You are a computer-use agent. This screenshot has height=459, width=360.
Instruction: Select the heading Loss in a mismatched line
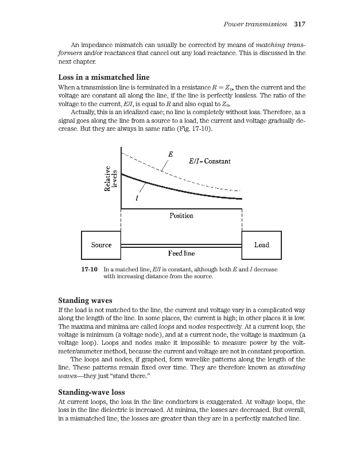(x=104, y=77)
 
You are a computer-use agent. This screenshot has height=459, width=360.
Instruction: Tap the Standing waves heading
(x=86, y=300)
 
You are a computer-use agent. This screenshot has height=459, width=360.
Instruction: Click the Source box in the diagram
(x=102, y=245)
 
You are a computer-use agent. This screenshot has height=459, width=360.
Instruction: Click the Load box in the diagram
(x=261, y=245)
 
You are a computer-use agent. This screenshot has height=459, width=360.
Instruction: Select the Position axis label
(x=181, y=216)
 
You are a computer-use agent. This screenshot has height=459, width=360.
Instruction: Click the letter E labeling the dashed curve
(x=171, y=154)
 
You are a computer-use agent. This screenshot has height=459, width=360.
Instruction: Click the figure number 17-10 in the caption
(x=90, y=269)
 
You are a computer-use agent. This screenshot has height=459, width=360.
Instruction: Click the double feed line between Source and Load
(x=181, y=246)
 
